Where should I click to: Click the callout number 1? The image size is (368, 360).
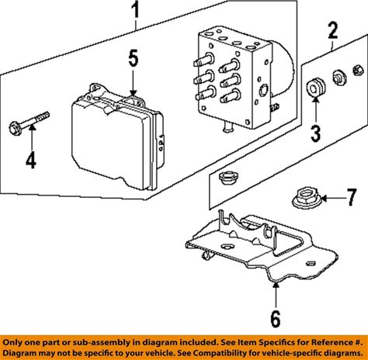[x=135, y=9]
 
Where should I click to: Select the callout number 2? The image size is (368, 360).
[x=332, y=30]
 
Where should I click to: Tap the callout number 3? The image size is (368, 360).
[x=315, y=133]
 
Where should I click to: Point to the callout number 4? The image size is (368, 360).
[x=31, y=160]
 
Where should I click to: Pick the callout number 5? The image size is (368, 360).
[x=134, y=58]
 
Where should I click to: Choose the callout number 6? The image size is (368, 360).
[x=276, y=319]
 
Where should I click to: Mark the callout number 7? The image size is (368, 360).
[x=352, y=197]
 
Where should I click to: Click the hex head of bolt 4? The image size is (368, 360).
[x=16, y=128]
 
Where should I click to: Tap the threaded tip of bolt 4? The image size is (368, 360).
[x=44, y=116]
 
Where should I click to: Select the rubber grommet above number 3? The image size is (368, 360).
[x=315, y=88]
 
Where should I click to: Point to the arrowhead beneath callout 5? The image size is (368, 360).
[x=133, y=93]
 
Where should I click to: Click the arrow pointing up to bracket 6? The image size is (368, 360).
[x=276, y=295]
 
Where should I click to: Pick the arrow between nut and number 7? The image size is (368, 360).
[x=333, y=199]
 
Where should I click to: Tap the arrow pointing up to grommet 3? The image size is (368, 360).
[x=316, y=110]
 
